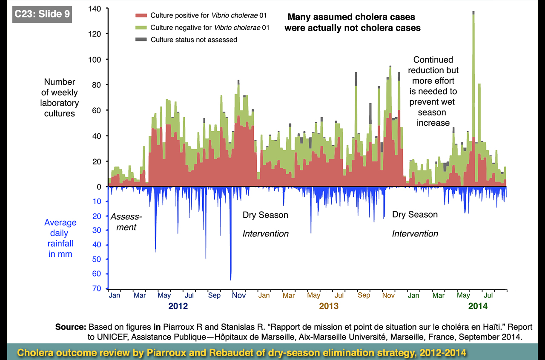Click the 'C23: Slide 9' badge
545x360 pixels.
click(42, 14)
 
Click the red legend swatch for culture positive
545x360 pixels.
click(141, 15)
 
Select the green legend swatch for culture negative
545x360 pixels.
click(141, 28)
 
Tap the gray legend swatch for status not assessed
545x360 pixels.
click(141, 40)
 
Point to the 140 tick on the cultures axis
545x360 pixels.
click(95, 8)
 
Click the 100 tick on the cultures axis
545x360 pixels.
click(95, 59)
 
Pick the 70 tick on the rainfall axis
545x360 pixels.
click(97, 288)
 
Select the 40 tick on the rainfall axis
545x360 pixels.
click(97, 245)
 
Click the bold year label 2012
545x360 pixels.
click(178, 306)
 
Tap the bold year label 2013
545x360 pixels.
click(329, 306)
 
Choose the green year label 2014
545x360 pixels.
click(478, 306)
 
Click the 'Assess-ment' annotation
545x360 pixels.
click(126, 222)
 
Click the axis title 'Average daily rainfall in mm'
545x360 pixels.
click(60, 238)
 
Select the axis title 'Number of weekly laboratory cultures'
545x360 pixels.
click(60, 98)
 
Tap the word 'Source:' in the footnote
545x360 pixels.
click(71, 327)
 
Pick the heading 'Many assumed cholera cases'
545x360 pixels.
click(351, 17)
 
